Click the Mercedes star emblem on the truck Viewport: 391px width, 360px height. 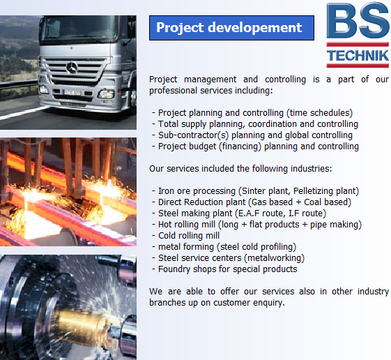72,68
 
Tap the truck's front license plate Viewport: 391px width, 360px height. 72,93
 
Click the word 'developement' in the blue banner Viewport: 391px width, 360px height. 254,27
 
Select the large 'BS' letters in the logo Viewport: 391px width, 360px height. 358,20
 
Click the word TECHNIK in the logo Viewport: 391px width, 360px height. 358,55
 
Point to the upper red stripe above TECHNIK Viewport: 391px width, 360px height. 358,45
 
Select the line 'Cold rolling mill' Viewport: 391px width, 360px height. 189,235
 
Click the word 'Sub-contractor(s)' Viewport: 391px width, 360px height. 194,135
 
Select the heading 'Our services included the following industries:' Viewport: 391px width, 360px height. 240,169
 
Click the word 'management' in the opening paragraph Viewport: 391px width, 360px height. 210,80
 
